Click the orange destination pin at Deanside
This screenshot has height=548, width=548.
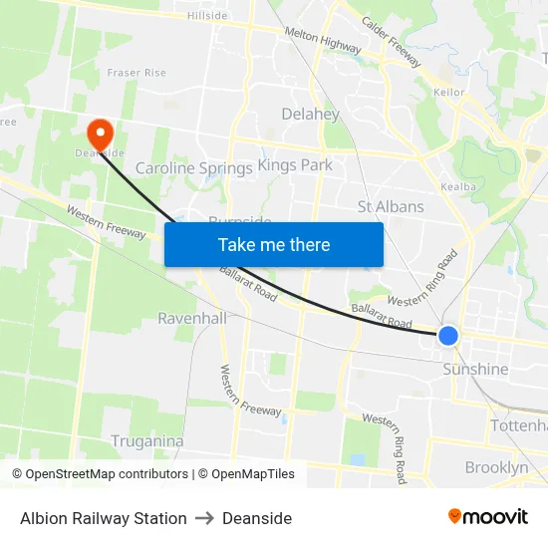(101, 133)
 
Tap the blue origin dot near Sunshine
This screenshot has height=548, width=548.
(448, 336)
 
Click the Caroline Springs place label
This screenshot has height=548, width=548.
(193, 168)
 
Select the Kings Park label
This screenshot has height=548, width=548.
(295, 164)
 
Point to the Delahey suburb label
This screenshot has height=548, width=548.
(310, 114)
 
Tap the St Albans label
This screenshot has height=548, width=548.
(391, 207)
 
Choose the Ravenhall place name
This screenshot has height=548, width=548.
(193, 319)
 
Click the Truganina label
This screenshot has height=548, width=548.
(146, 441)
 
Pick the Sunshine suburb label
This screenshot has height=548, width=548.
(475, 370)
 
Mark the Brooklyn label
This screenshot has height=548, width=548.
(496, 467)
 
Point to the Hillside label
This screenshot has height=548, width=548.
(207, 15)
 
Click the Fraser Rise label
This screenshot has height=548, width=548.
(137, 73)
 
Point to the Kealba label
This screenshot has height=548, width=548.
(457, 186)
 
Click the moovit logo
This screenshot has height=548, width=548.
(487, 517)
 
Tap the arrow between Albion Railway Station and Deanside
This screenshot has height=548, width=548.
(204, 518)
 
